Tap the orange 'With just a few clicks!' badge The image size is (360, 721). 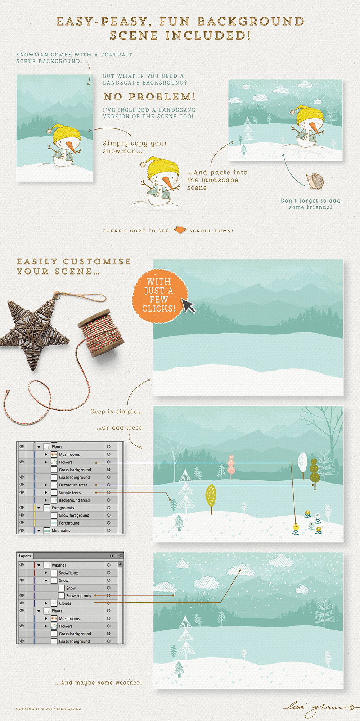(159, 296)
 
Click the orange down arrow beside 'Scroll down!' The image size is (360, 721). (180, 230)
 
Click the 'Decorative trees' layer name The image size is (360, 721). (73, 485)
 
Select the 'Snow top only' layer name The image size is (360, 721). (78, 596)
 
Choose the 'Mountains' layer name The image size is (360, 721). (61, 531)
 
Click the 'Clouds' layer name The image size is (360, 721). (65, 603)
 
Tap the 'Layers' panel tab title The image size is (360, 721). (25, 556)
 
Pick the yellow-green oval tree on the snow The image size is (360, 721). (211, 498)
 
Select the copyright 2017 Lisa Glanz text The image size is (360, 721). (49, 709)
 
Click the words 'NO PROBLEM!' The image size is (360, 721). (150, 97)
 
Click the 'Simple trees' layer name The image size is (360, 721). (70, 493)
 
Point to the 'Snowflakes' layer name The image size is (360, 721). (69, 573)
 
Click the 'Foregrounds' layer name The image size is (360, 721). (63, 508)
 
